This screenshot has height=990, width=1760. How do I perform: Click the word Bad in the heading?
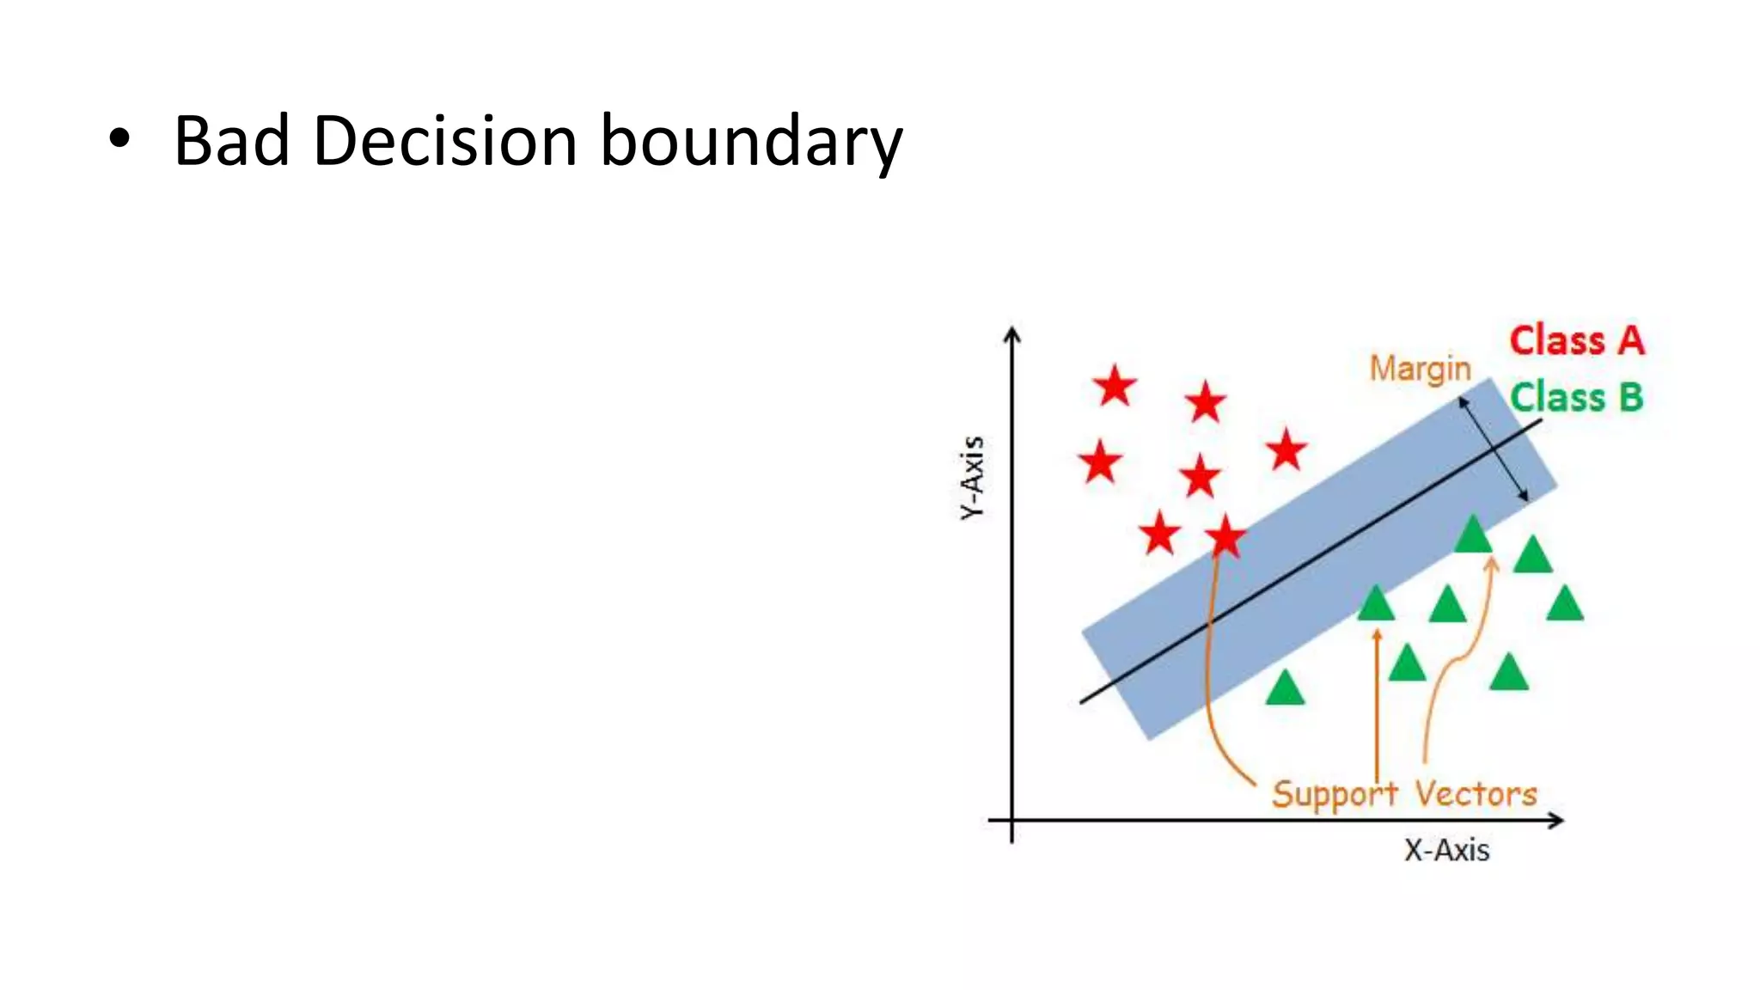231,141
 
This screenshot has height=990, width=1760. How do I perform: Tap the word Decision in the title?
444,141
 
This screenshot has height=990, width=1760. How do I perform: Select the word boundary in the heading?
750,143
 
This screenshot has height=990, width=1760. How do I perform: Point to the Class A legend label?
1577,340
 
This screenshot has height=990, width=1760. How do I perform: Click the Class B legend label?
1577,398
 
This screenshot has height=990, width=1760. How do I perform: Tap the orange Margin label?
1420,369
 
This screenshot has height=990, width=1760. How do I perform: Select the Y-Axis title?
972,478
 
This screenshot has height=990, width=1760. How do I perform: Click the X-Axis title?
1446,850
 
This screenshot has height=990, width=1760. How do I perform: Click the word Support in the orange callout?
1335,794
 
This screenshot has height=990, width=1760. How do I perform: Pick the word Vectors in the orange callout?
1476,794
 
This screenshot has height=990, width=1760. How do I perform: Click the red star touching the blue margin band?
1225,537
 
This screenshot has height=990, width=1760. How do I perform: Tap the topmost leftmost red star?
1115,386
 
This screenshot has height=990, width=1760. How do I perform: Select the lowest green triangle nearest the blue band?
1285,688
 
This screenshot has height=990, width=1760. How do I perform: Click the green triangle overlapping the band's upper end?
1473,535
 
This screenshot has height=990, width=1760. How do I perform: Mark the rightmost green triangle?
1564,603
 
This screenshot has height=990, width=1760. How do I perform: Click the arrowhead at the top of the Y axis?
1012,333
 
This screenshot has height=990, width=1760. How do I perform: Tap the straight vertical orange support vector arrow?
1377,705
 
